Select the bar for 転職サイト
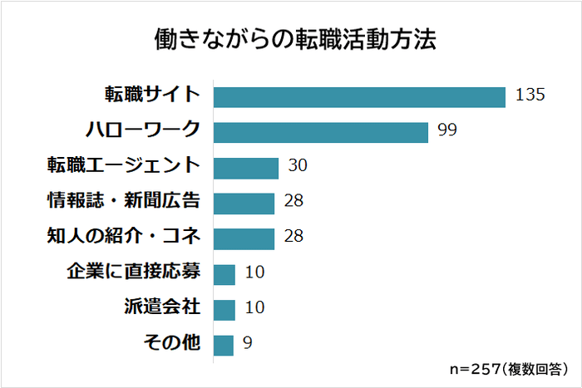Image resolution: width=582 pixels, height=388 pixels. [359, 96]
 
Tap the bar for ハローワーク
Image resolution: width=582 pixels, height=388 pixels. [321, 131]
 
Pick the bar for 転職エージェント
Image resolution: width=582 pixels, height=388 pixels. [246, 167]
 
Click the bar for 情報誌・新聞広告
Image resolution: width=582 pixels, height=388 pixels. [244, 203]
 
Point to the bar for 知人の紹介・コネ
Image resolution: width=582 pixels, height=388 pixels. [244, 238]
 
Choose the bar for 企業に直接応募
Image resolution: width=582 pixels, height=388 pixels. [224, 273]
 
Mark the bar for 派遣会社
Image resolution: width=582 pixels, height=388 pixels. [224, 308]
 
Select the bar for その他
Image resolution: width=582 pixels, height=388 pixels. [224, 344]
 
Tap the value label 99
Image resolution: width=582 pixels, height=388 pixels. [448, 130]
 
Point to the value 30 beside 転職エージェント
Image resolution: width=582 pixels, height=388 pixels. [298, 166]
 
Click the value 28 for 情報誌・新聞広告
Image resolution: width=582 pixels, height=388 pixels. [293, 202]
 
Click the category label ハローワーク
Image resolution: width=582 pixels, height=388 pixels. [143, 130]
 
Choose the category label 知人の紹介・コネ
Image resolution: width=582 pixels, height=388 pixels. [124, 237]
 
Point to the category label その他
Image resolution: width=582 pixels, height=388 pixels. [174, 342]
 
